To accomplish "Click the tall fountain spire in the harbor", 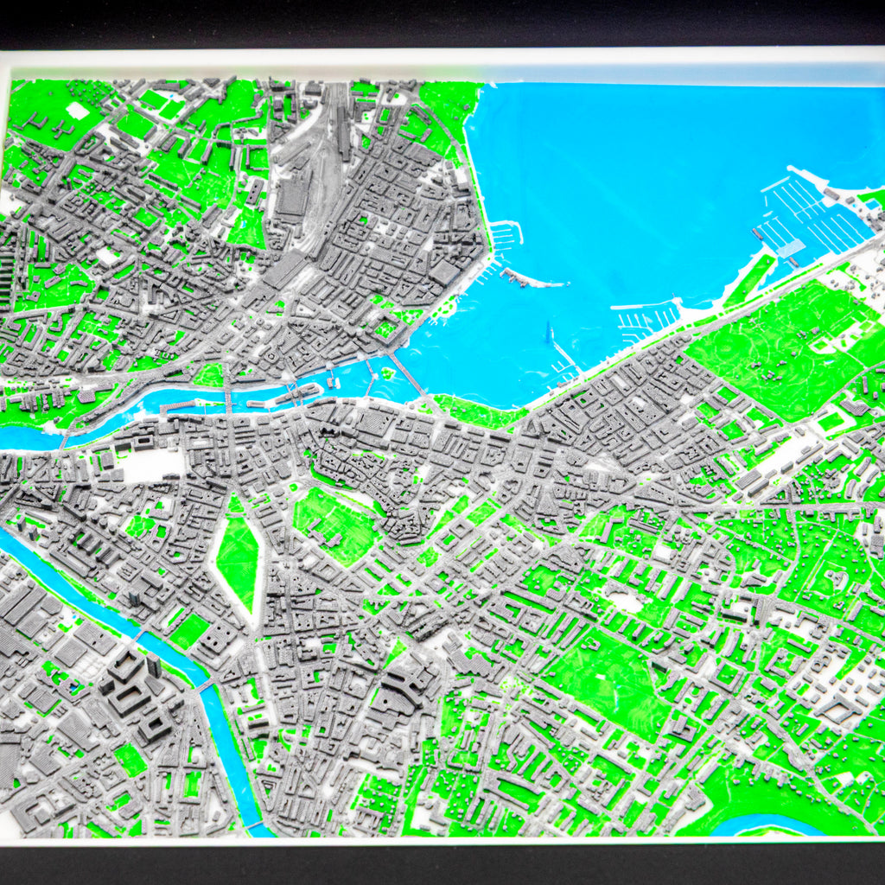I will click(x=547, y=332).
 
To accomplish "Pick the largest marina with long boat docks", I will click(x=812, y=216).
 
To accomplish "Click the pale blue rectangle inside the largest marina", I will click(x=790, y=249).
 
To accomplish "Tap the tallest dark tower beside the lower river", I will click(x=154, y=665).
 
